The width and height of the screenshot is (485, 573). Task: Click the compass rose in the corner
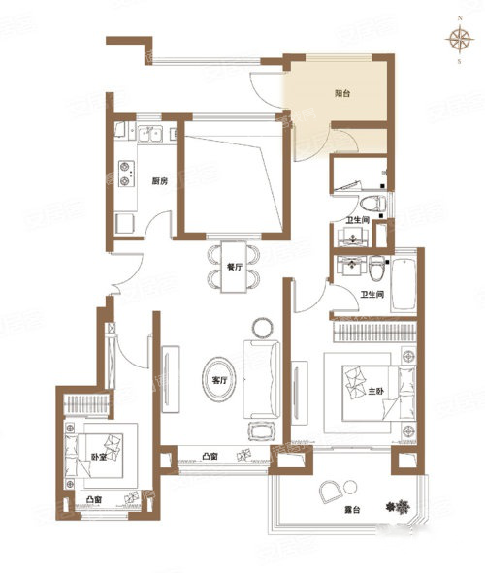(x=459, y=39)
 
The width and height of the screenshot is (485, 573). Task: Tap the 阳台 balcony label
(x=342, y=93)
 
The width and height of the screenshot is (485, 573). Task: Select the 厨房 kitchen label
(x=159, y=181)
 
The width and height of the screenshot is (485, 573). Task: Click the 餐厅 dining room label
(x=235, y=267)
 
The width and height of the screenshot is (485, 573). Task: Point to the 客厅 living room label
(x=219, y=380)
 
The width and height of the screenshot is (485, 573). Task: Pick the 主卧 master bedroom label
(x=376, y=391)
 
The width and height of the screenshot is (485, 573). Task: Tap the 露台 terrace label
(x=352, y=509)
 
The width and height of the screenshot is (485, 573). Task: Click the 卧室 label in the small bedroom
(x=99, y=457)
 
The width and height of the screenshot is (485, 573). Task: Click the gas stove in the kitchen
(x=126, y=174)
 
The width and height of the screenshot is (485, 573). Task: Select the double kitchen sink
(x=150, y=134)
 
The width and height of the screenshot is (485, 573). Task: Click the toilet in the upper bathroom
(x=372, y=204)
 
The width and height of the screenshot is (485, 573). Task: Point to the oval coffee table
(x=219, y=380)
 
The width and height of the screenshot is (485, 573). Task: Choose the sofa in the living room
(x=261, y=379)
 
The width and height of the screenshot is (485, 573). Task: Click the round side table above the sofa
(x=263, y=328)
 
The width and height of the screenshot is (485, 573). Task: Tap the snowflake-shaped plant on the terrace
(x=399, y=507)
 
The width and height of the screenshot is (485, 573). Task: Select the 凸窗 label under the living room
(x=210, y=456)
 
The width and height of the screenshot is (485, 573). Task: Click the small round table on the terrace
(x=350, y=487)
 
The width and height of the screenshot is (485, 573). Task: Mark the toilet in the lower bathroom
(x=376, y=269)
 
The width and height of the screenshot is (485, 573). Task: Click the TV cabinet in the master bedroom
(x=300, y=393)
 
